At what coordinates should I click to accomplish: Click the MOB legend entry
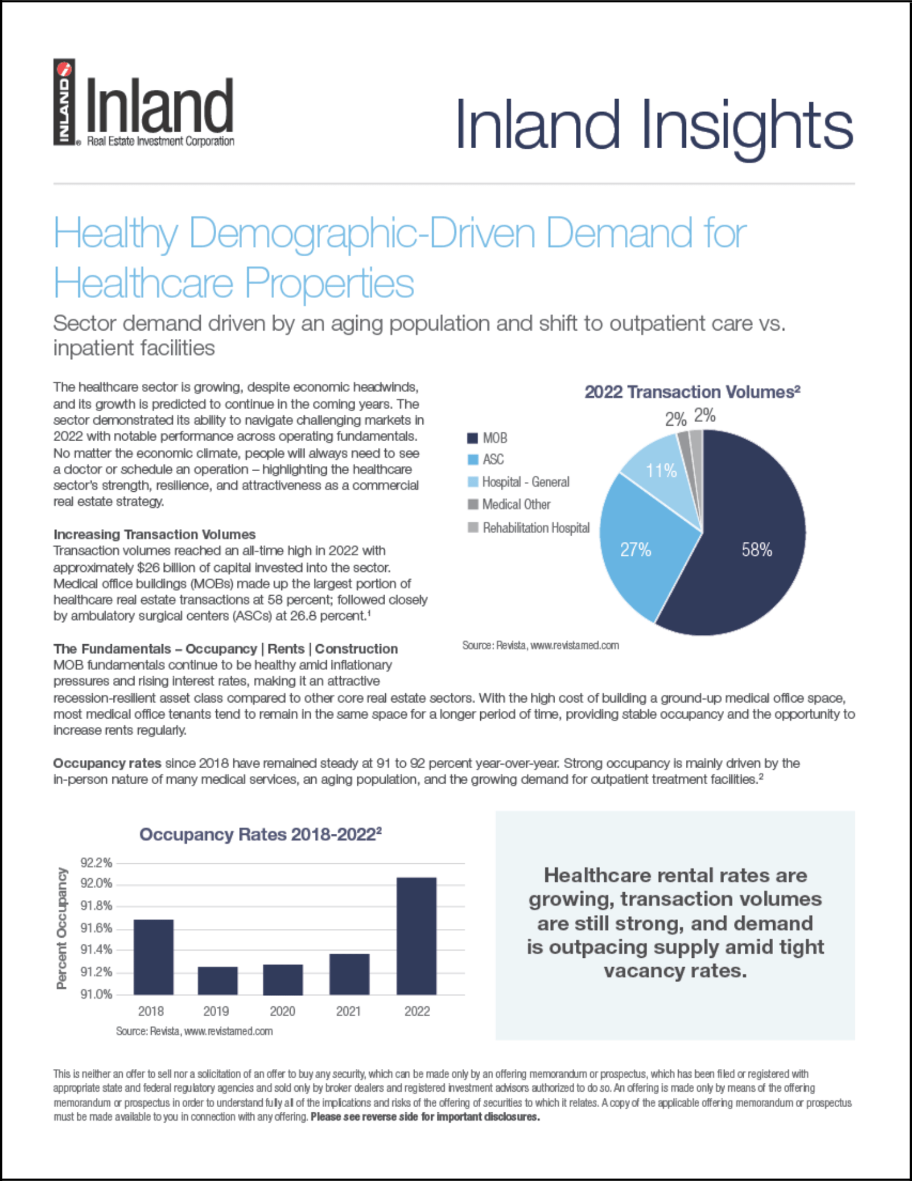488,438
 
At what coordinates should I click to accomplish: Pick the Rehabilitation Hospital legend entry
529,528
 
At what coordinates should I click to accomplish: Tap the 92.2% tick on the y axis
96,863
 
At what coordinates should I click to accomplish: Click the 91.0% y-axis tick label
96,994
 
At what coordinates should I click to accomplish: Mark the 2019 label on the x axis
216,1011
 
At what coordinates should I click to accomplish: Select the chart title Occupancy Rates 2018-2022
260,834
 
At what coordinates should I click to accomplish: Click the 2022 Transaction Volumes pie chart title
692,392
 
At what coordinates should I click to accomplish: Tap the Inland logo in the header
145,103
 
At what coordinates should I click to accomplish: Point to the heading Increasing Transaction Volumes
154,534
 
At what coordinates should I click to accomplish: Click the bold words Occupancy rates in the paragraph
107,763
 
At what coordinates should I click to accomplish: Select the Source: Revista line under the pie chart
540,645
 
